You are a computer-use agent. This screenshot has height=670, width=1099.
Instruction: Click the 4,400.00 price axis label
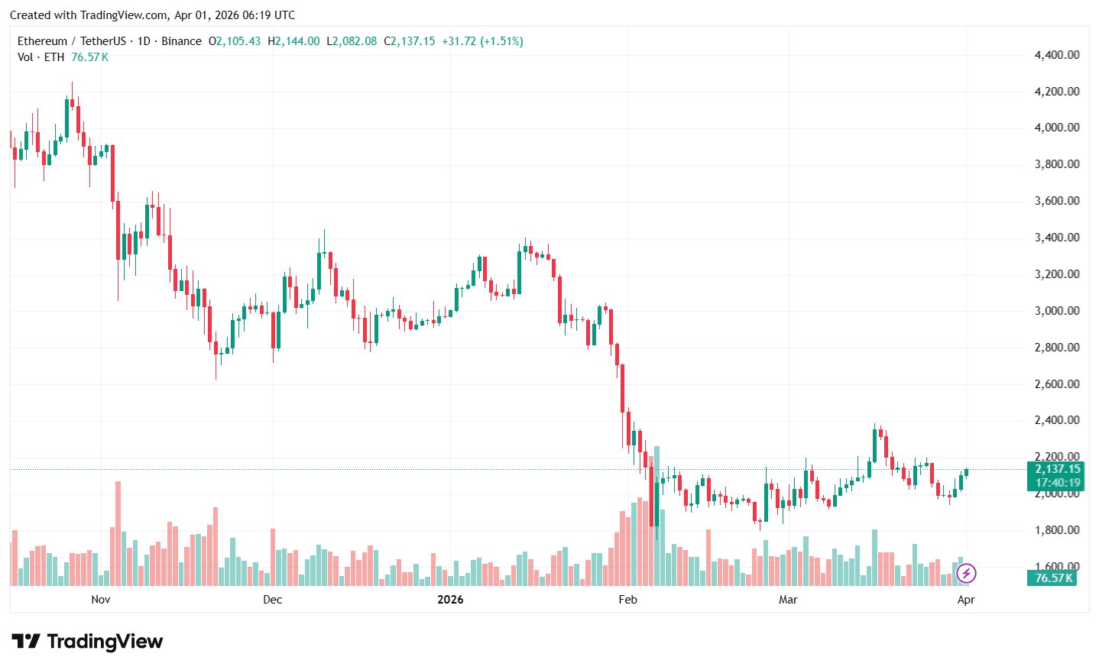click(1056, 55)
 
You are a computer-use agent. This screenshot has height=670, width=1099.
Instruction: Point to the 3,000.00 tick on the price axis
click(1056, 311)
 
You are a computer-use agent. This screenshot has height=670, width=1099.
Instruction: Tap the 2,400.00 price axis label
click(1056, 420)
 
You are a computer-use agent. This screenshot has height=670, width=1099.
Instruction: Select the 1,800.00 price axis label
click(1056, 530)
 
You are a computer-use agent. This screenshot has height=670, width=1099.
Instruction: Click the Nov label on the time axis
click(101, 600)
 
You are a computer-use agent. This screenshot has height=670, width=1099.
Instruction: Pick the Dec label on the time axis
click(272, 600)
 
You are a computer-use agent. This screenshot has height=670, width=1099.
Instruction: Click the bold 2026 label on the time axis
click(450, 600)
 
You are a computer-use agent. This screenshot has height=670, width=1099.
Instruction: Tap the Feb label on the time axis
click(627, 600)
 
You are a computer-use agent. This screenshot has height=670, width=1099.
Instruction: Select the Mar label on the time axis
click(788, 600)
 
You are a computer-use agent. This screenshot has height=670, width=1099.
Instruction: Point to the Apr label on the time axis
click(966, 600)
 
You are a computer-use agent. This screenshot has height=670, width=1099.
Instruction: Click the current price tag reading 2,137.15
click(1058, 469)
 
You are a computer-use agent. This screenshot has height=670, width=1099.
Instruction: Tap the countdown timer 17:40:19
click(1058, 483)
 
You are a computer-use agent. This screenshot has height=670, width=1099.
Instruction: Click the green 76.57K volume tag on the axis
click(1053, 578)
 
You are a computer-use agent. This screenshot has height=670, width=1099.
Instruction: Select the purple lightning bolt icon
click(966, 573)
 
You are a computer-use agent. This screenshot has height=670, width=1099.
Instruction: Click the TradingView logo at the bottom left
click(87, 641)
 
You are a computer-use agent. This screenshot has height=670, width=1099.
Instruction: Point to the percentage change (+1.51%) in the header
click(501, 41)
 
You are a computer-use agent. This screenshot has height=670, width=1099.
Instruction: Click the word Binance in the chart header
click(181, 41)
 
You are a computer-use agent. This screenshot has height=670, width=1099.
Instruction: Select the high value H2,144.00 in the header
click(293, 41)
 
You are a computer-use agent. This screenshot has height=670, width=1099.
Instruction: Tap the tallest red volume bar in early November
click(118, 533)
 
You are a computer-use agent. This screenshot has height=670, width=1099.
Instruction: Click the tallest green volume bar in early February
click(656, 516)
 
